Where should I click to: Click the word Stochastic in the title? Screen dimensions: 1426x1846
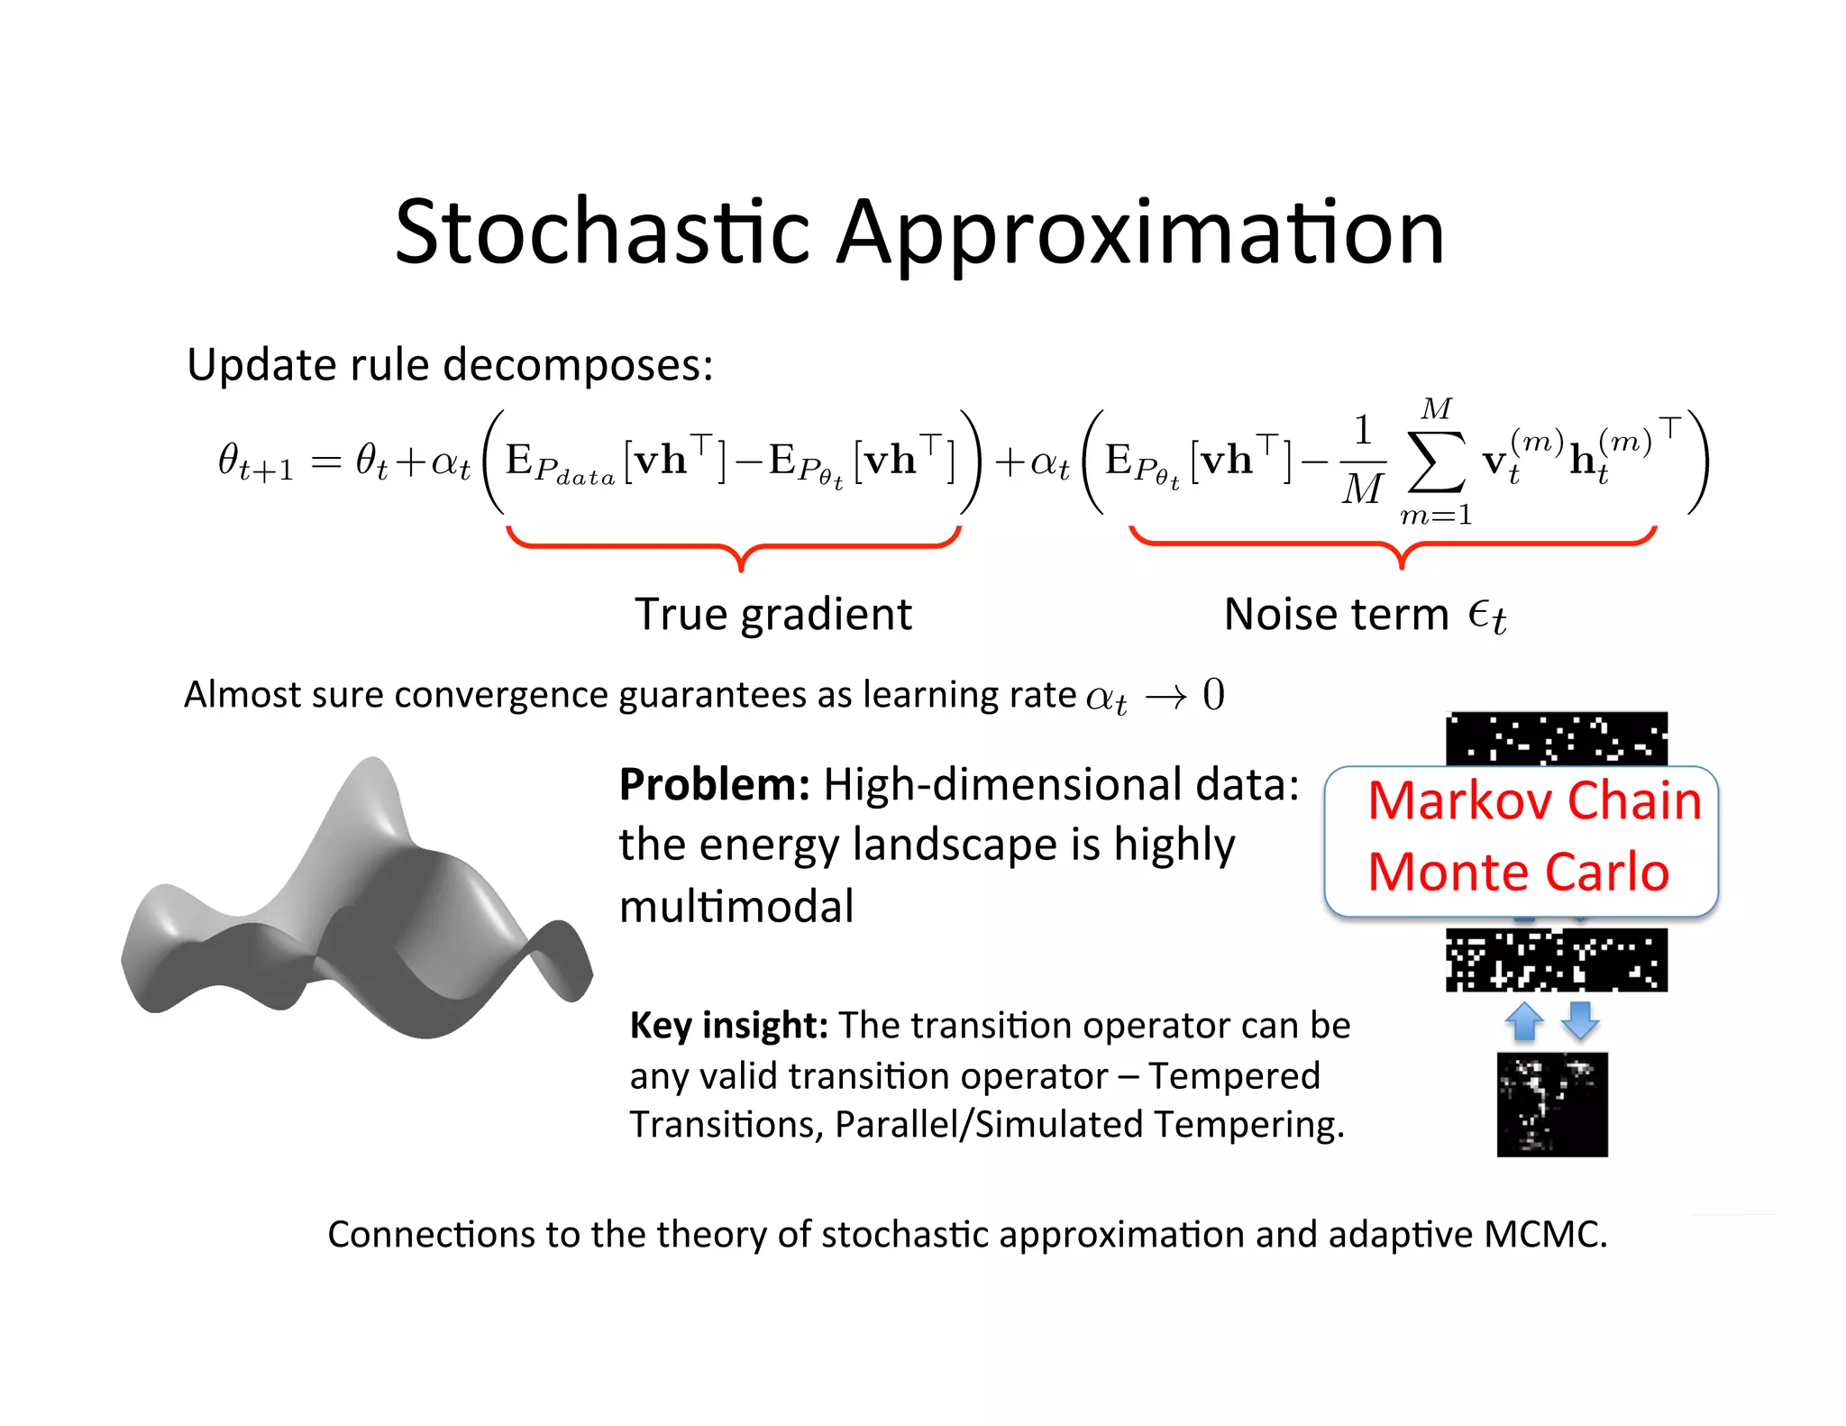(x=602, y=233)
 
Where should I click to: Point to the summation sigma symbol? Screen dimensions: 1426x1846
(x=1435, y=462)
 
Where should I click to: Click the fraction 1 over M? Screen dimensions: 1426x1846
(x=1362, y=461)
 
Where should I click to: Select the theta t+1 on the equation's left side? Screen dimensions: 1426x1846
(x=255, y=462)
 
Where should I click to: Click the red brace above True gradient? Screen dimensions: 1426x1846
(x=739, y=546)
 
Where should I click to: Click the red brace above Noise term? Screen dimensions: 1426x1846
(x=1399, y=544)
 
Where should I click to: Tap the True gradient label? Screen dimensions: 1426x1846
(x=773, y=615)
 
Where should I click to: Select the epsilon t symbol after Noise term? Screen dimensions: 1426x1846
(x=1487, y=617)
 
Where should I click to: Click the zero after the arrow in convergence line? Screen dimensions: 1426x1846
(x=1214, y=695)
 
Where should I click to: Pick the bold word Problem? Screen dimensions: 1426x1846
(x=714, y=784)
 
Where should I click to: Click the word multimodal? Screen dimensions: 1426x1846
(x=736, y=906)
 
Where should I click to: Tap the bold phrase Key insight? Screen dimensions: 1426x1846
(x=728, y=1025)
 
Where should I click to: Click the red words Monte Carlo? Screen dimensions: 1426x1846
(x=1518, y=872)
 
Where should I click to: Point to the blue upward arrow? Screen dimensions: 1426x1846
(x=1523, y=1021)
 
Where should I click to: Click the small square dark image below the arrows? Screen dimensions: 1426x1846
(x=1551, y=1104)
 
